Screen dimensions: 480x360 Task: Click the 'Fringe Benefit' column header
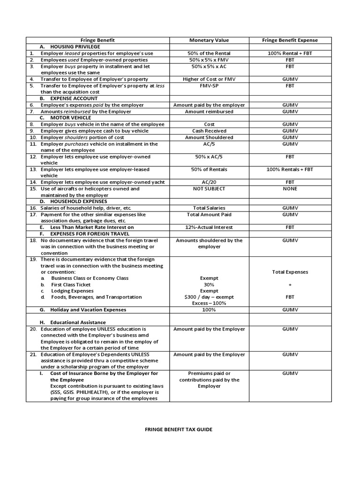click(x=97, y=40)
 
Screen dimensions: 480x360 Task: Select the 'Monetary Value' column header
click(x=209, y=40)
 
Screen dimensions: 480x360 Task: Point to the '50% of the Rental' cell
click(x=209, y=53)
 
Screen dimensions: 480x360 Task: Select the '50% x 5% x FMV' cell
click(x=209, y=60)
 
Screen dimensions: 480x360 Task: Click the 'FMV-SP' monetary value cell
click(x=209, y=86)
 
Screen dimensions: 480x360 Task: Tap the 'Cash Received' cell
click(x=209, y=131)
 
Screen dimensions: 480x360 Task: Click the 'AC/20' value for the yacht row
click(x=209, y=182)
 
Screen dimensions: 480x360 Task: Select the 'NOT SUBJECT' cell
click(x=209, y=188)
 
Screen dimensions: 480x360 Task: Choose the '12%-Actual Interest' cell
click(x=209, y=227)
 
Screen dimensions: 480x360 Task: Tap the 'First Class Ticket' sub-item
click(x=71, y=285)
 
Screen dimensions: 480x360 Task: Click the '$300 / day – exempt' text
click(x=209, y=297)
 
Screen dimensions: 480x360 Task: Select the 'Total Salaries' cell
click(x=209, y=208)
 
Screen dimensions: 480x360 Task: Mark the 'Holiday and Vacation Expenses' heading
click(x=88, y=310)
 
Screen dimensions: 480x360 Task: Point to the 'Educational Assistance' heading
click(x=80, y=322)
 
